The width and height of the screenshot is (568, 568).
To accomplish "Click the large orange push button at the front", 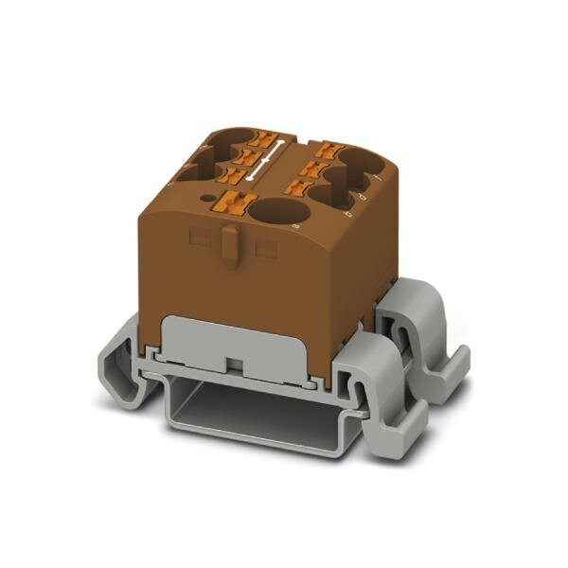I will [239, 203].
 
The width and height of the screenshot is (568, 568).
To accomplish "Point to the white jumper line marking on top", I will [261, 161].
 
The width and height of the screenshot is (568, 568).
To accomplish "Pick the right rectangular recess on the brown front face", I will [267, 248].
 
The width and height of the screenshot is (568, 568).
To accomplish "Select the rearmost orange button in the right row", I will [325, 149].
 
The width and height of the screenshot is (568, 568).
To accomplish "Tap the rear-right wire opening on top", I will [361, 163].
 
